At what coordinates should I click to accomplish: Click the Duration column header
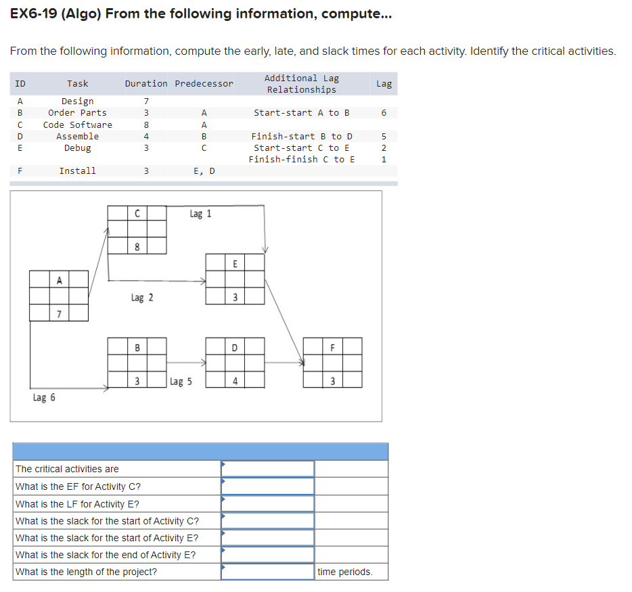pyautogui.click(x=146, y=83)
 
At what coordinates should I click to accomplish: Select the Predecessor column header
pyautogui.click(x=204, y=83)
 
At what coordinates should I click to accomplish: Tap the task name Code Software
pyautogui.click(x=78, y=124)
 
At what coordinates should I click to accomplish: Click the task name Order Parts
pyautogui.click(x=78, y=113)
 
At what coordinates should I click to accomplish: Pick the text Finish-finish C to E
pyautogui.click(x=302, y=159)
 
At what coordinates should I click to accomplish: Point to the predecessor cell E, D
pyautogui.click(x=204, y=170)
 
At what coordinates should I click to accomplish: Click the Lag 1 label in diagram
pyautogui.click(x=200, y=214)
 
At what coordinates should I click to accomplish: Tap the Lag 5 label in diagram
pyautogui.click(x=181, y=382)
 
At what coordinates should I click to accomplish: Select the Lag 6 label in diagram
pyautogui.click(x=44, y=398)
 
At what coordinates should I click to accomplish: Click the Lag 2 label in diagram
pyautogui.click(x=141, y=298)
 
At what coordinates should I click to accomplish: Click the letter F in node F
pyautogui.click(x=332, y=348)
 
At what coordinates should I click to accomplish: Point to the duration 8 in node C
pyautogui.click(x=137, y=247)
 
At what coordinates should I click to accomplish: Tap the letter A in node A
pyautogui.click(x=59, y=279)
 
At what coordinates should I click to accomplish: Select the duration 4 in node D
pyautogui.click(x=235, y=381)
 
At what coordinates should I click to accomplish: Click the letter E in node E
pyautogui.click(x=235, y=264)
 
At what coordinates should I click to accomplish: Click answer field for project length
pyautogui.click(x=268, y=572)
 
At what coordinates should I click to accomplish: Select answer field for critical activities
pyautogui.click(x=268, y=469)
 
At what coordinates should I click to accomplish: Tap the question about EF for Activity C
pyautogui.click(x=78, y=486)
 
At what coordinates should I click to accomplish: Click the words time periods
pyautogui.click(x=345, y=572)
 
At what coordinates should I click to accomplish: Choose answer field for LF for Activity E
pyautogui.click(x=268, y=504)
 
